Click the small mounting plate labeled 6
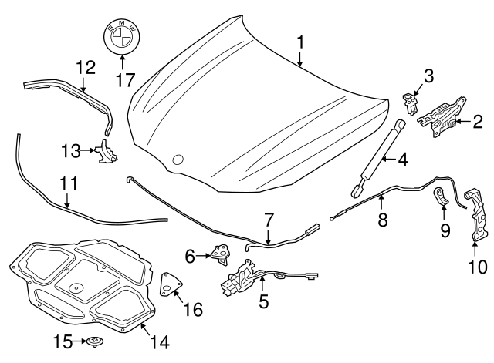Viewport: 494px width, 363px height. click(221, 252)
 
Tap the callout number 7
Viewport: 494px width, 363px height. click(268, 221)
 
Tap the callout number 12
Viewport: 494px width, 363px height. click(85, 66)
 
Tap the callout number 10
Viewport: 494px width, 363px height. click(478, 267)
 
